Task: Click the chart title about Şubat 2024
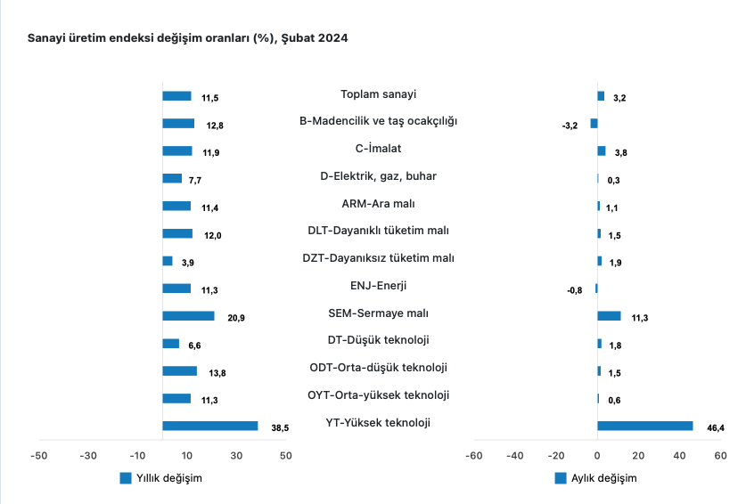188,38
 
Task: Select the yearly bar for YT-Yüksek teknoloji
209,426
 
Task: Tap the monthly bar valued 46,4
644,426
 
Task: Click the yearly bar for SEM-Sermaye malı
188,316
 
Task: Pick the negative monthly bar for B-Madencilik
594,123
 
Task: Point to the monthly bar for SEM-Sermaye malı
609,316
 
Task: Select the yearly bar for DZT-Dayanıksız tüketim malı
168,261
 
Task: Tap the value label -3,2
570,126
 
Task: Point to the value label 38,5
280,428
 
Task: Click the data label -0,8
574,290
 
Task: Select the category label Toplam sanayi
379,94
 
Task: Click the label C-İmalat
379,149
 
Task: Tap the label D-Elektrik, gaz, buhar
379,176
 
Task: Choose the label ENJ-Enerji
379,286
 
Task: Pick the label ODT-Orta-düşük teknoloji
379,368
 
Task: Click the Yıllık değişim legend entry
161,478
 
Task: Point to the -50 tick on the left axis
38,456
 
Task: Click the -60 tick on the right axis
473,456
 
